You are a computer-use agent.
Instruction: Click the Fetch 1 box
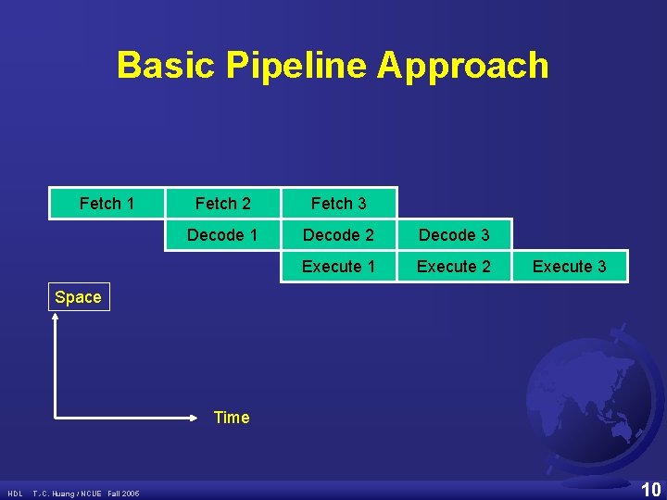tap(107, 204)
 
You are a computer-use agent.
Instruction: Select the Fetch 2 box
tap(222, 204)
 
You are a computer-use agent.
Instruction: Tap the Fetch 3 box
tap(338, 204)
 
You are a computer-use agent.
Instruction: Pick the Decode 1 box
tap(222, 235)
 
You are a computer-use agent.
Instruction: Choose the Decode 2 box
tap(338, 235)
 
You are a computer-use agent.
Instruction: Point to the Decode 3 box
tap(454, 235)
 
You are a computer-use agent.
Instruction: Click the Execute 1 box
tap(338, 267)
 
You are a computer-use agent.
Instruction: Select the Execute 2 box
tap(454, 267)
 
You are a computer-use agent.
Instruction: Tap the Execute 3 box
tap(569, 267)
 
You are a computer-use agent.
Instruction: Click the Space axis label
tap(78, 297)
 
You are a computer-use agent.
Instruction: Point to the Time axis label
tap(231, 418)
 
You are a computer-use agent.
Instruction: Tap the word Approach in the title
tap(463, 66)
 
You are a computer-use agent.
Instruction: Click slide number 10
tap(651, 489)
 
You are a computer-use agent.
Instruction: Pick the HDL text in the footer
tap(15, 493)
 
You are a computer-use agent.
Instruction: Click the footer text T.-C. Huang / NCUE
tap(68, 493)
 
